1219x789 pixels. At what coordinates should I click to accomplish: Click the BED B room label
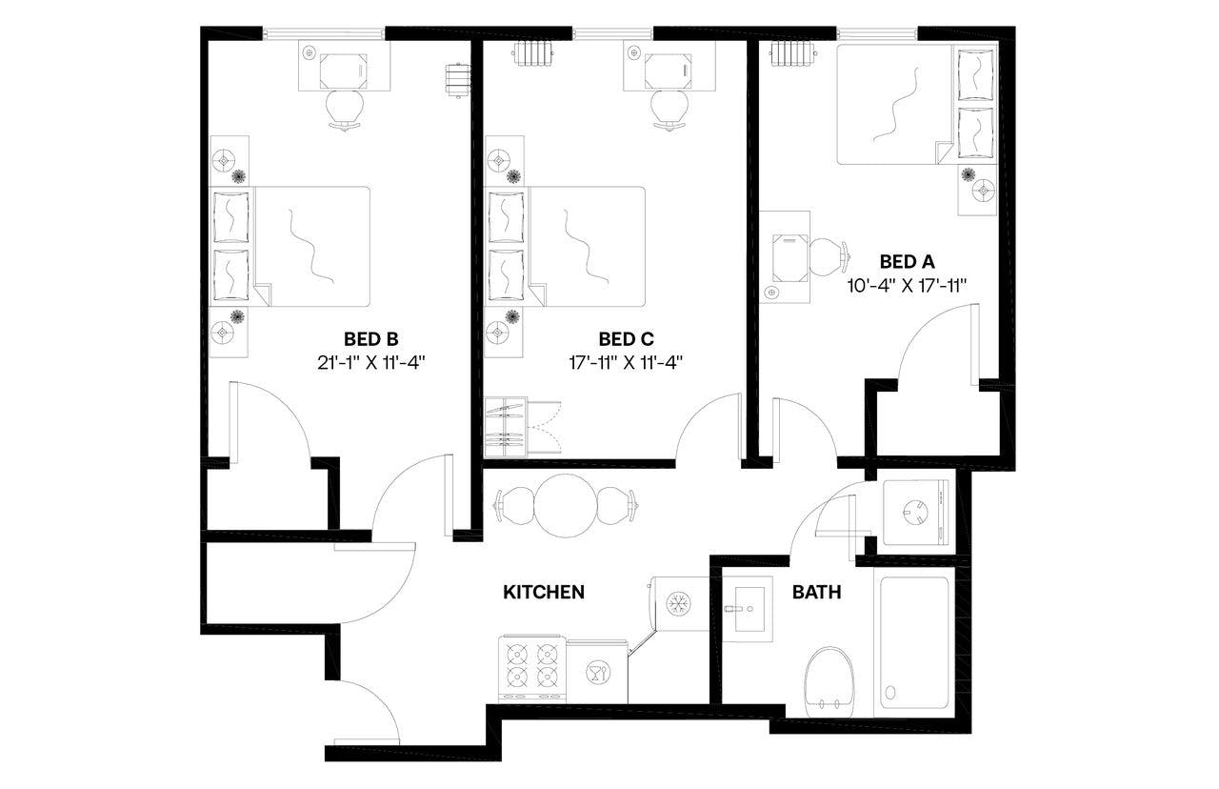(371, 338)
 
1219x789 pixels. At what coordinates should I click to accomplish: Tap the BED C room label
(626, 338)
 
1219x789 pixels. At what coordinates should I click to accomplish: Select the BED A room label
(907, 261)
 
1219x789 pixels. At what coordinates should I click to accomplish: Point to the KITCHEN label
(543, 592)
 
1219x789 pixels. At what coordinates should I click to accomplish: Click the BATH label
(817, 592)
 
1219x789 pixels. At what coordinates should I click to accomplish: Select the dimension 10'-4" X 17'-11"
(907, 284)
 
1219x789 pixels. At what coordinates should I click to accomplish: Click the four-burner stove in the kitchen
(531, 665)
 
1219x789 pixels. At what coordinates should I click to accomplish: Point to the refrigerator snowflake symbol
(679, 603)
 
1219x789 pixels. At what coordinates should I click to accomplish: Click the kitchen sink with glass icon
(597, 672)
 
